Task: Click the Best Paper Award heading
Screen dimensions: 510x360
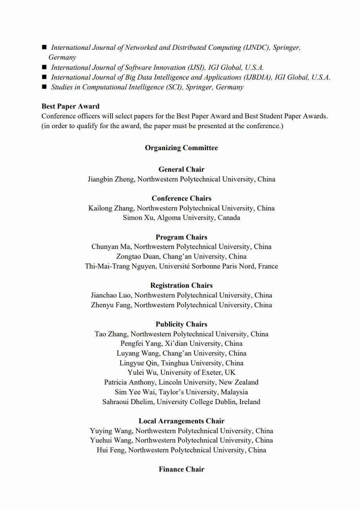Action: [x=71, y=106]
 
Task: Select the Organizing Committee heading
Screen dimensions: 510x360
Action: [x=181, y=148]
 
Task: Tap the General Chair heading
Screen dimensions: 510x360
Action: [x=181, y=169]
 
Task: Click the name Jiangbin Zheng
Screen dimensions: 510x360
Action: [x=111, y=179]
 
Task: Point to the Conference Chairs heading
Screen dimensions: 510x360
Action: [x=181, y=198]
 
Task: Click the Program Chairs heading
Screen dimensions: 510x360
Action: [x=181, y=237]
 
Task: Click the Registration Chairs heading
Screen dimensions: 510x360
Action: [x=181, y=285]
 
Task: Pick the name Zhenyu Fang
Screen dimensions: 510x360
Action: [x=111, y=305]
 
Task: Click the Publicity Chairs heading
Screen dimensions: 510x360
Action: [x=181, y=324]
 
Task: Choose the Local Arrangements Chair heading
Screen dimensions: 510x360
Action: [x=181, y=421]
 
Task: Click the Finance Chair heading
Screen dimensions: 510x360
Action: [x=181, y=469]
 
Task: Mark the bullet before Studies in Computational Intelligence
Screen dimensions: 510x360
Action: [x=44, y=87]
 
